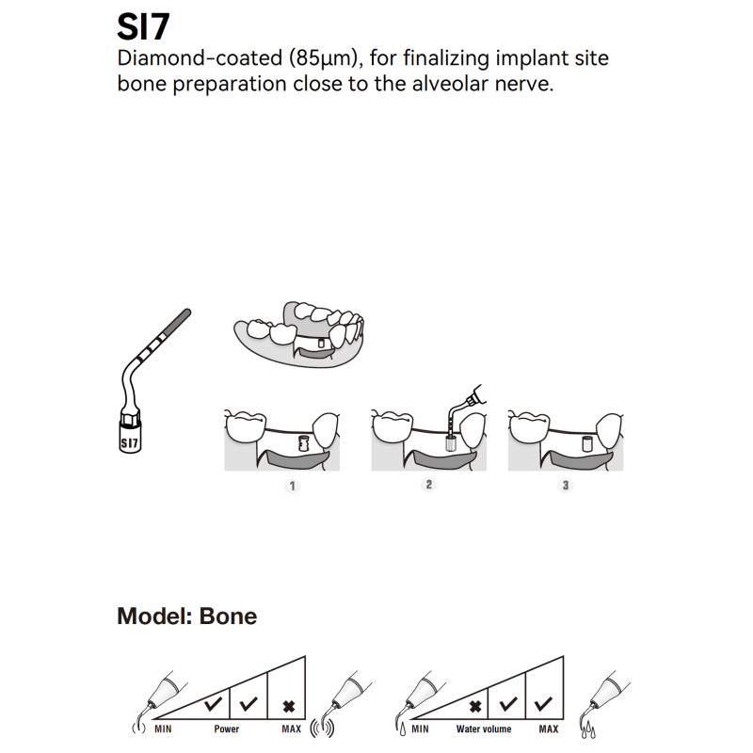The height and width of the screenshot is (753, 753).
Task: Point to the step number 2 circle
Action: (429, 485)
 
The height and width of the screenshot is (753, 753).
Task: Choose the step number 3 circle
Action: (565, 485)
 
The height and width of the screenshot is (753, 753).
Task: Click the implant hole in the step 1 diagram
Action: (303, 443)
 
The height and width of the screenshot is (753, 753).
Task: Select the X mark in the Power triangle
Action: (287, 704)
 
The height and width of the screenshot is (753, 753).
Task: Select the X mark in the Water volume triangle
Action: (476, 704)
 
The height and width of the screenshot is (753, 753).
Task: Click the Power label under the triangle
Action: (226, 729)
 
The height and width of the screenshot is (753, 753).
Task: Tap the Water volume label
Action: (484, 729)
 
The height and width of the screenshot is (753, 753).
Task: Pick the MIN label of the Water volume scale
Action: (420, 729)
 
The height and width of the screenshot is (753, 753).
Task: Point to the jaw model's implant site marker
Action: (322, 344)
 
